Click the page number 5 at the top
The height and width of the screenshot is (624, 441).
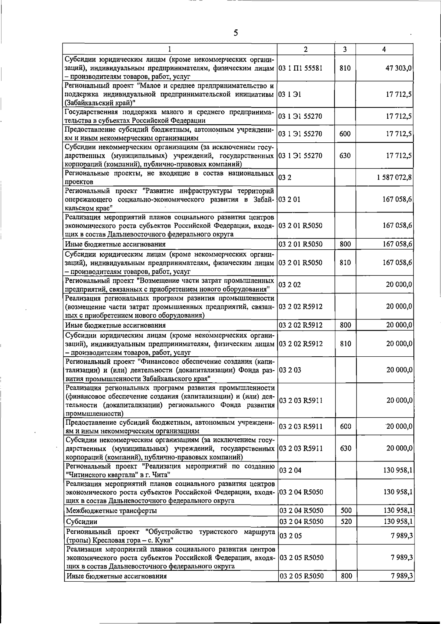point(236,33)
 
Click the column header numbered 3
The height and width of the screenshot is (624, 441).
point(345,49)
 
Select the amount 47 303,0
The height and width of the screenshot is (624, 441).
point(398,68)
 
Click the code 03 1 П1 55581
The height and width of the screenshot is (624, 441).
point(300,68)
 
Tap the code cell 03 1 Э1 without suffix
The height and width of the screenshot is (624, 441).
point(290,95)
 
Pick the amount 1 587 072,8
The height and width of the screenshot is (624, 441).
point(394,178)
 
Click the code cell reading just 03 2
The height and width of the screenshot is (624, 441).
point(285,178)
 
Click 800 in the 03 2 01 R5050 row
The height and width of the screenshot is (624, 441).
point(345,244)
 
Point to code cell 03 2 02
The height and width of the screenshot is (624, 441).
point(290,285)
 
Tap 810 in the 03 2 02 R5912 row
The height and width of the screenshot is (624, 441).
point(345,344)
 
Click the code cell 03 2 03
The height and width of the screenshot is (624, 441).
point(290,370)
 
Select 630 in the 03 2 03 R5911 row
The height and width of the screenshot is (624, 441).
point(346,448)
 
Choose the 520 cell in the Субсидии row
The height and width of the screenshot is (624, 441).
point(346,521)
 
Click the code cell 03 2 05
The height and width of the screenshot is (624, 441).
point(290,536)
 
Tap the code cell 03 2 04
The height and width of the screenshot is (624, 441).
point(290,470)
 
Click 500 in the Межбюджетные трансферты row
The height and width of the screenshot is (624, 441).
point(346,510)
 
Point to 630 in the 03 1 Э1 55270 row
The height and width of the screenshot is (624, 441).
point(345,156)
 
